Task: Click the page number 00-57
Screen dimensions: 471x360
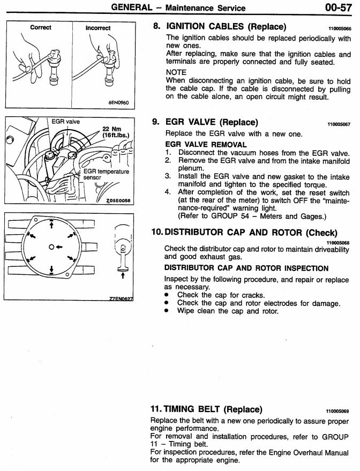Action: (x=339, y=7)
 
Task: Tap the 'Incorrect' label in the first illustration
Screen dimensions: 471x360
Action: (x=97, y=28)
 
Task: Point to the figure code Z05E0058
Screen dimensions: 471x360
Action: (x=118, y=200)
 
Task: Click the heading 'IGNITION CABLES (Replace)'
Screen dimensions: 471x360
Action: (x=227, y=27)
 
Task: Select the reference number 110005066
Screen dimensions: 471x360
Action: (x=340, y=28)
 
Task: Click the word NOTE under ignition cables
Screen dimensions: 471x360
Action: (x=176, y=72)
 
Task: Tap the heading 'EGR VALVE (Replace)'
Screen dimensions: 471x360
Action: (x=212, y=122)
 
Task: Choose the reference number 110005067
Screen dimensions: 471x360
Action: (x=340, y=124)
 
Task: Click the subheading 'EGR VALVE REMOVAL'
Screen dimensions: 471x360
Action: (x=206, y=145)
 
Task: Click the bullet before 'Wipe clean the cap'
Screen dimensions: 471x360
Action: (x=168, y=311)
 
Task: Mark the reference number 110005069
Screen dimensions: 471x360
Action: (x=340, y=411)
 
